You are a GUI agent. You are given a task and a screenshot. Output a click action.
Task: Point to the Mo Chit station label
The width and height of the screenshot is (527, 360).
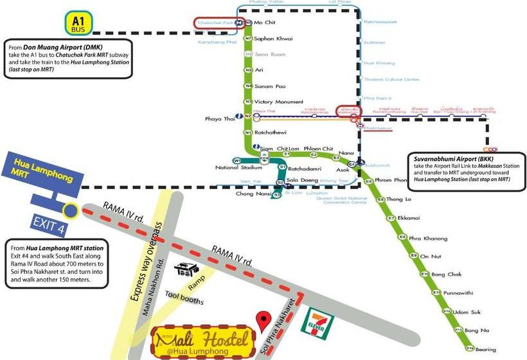[265, 22]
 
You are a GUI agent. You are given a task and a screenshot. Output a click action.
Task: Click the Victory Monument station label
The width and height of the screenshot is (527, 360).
[278, 102]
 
